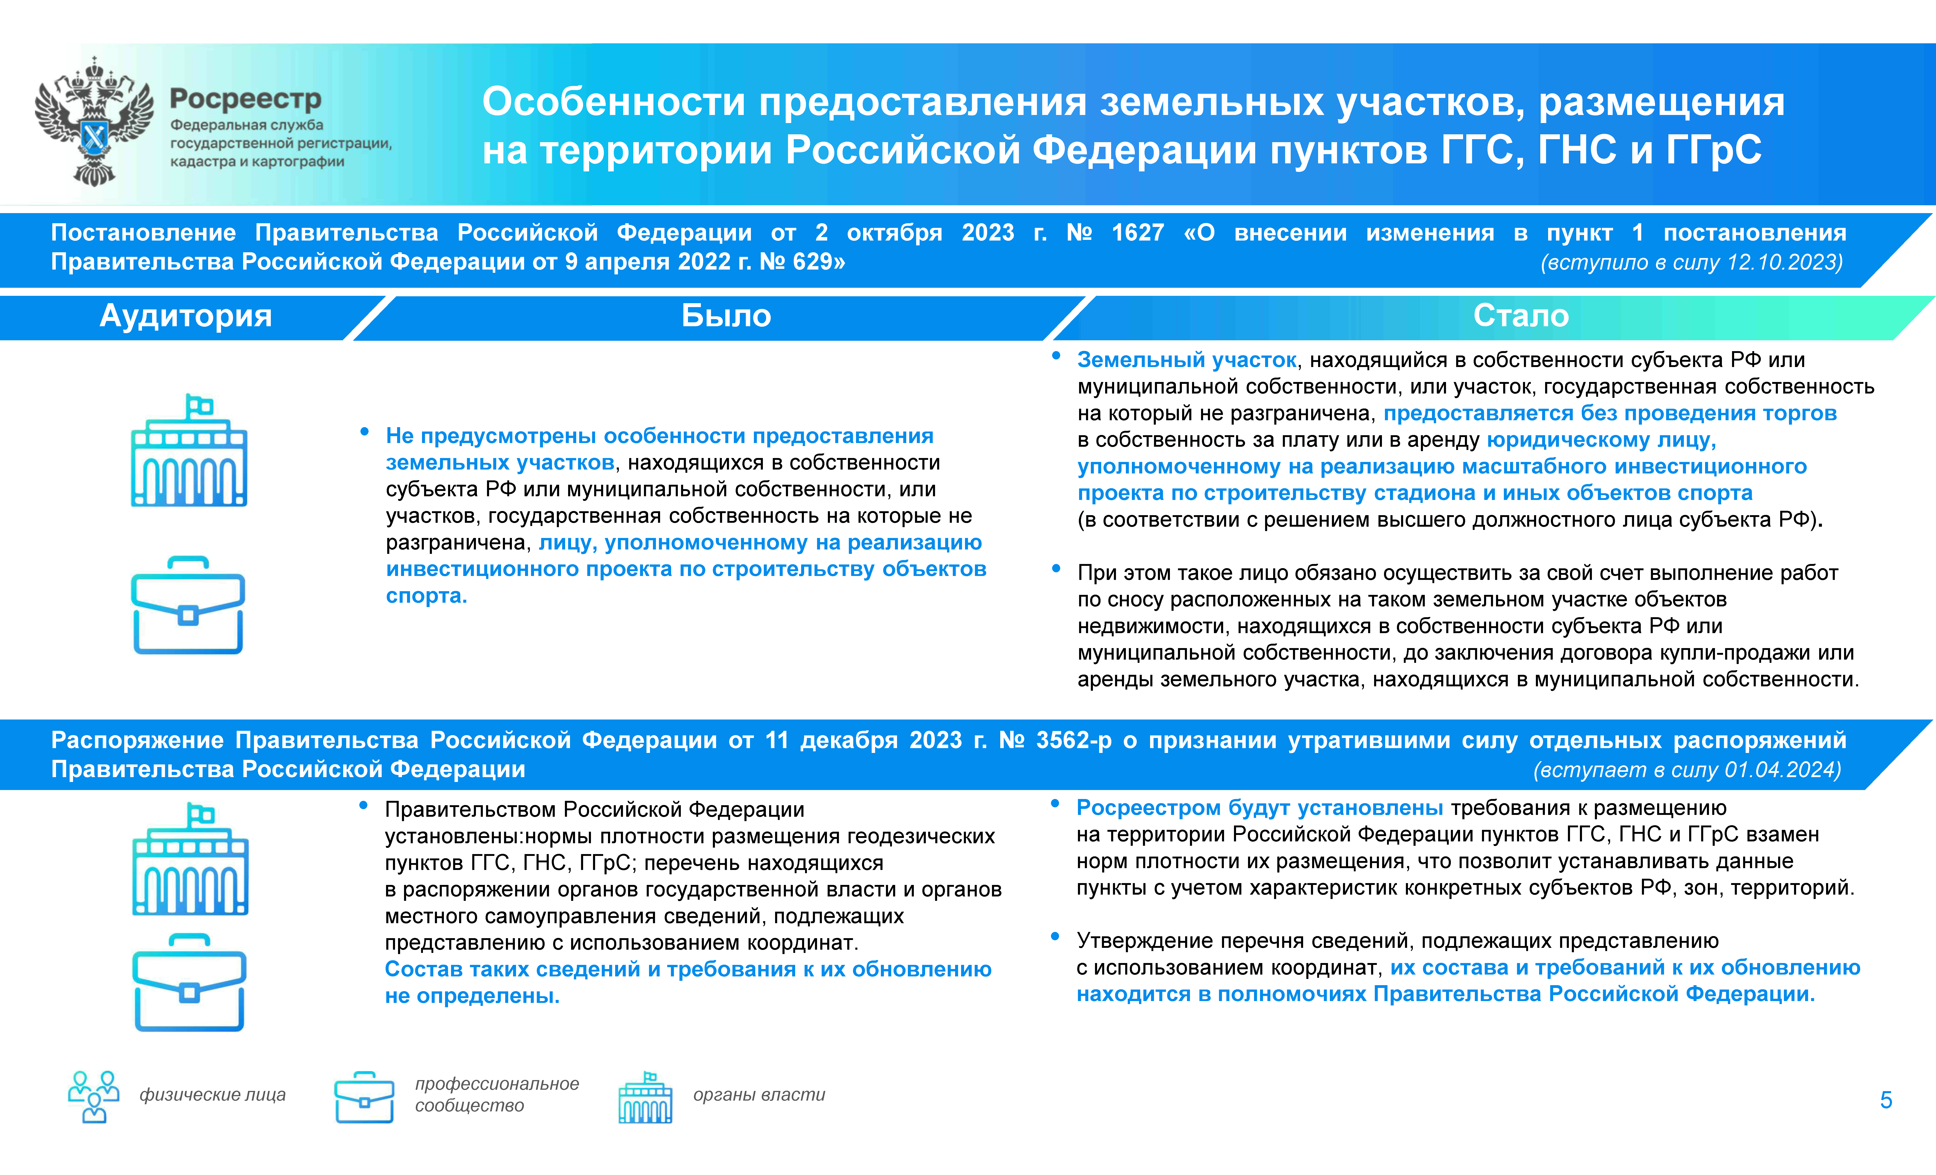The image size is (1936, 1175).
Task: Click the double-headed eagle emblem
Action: coord(94,122)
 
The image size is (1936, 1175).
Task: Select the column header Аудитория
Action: coord(186,316)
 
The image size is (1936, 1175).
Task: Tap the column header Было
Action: coord(726,316)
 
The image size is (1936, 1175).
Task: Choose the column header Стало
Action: coord(1521,316)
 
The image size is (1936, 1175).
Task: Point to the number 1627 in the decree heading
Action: coord(1138,232)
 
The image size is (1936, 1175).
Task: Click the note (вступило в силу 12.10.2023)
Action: coord(1692,262)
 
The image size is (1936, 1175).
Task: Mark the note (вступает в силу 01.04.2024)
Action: coord(1688,770)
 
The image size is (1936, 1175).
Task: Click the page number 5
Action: coord(1886,1100)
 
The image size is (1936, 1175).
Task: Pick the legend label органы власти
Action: coord(759,1095)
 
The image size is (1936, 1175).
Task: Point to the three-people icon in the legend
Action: coord(94,1096)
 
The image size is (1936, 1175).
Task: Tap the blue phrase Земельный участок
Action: coord(1186,360)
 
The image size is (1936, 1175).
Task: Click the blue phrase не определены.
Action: coord(472,996)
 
